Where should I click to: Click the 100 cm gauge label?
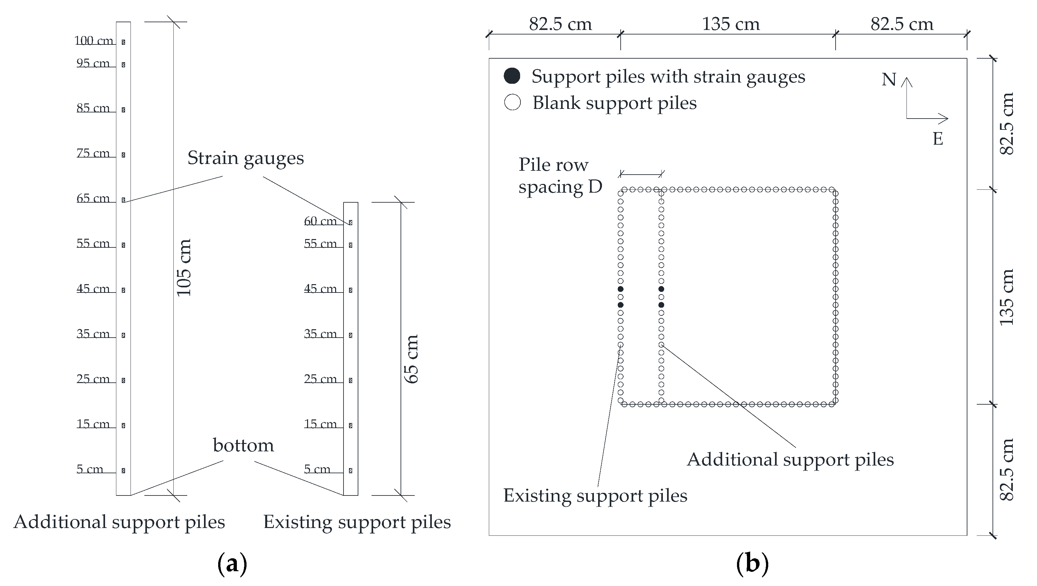click(94, 41)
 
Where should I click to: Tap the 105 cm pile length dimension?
click(184, 268)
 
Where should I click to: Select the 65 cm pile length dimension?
click(412, 359)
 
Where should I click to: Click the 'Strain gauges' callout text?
click(246, 158)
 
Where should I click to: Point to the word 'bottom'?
click(243, 446)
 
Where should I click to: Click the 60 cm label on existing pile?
click(320, 221)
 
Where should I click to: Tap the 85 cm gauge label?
click(93, 108)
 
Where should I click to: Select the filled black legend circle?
click(512, 76)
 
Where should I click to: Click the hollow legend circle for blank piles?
click(512, 102)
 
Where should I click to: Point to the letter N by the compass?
click(889, 80)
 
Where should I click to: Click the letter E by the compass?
click(938, 139)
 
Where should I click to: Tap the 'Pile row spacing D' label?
click(560, 176)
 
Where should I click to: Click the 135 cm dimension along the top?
click(731, 24)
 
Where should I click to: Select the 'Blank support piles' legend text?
click(614, 103)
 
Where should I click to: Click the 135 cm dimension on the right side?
click(1006, 297)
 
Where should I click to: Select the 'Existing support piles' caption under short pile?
click(357, 522)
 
